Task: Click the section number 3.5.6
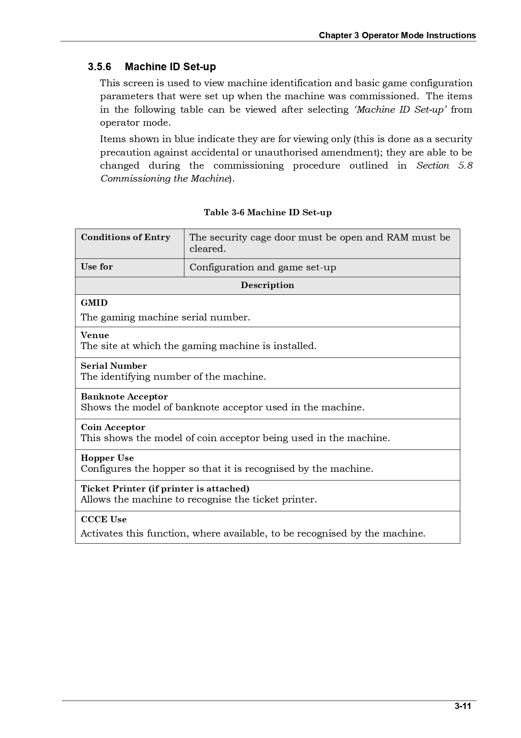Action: pos(100,67)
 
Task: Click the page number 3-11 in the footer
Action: pos(463,706)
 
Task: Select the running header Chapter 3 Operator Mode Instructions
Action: pos(397,35)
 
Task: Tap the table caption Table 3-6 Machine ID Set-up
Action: pos(268,212)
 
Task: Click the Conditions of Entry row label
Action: pos(126,237)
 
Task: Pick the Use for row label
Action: pos(97,267)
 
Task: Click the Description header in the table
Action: pos(267,285)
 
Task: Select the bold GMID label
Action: pos(94,303)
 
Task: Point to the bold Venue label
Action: pos(95,335)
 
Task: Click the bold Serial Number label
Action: pos(114,366)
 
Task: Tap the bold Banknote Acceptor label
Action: pos(124,397)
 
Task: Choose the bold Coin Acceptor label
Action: pos(113,427)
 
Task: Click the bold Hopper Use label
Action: pos(107,458)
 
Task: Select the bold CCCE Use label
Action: pos(104,519)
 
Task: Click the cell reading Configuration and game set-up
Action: pos(263,267)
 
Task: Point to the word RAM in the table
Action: pos(397,237)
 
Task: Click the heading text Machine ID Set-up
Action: pos(170,67)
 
